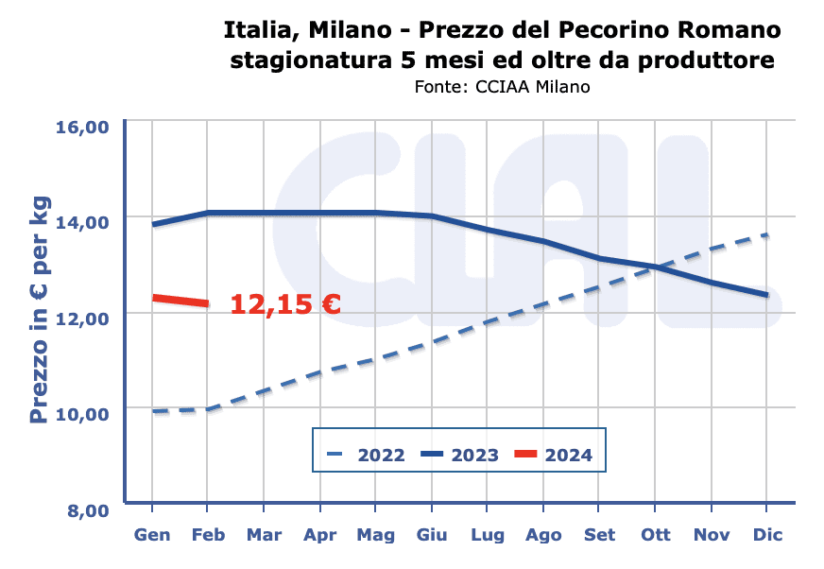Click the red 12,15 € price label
click(x=285, y=303)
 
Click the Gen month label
click(x=153, y=535)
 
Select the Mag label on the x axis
click(x=375, y=535)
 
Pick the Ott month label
click(x=655, y=535)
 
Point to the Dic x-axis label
click(x=766, y=535)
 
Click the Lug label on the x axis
click(x=488, y=535)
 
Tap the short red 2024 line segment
click(x=180, y=301)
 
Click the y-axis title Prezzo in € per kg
click(x=40, y=312)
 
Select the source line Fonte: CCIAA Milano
click(x=502, y=87)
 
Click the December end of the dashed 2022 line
click(x=766, y=235)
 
